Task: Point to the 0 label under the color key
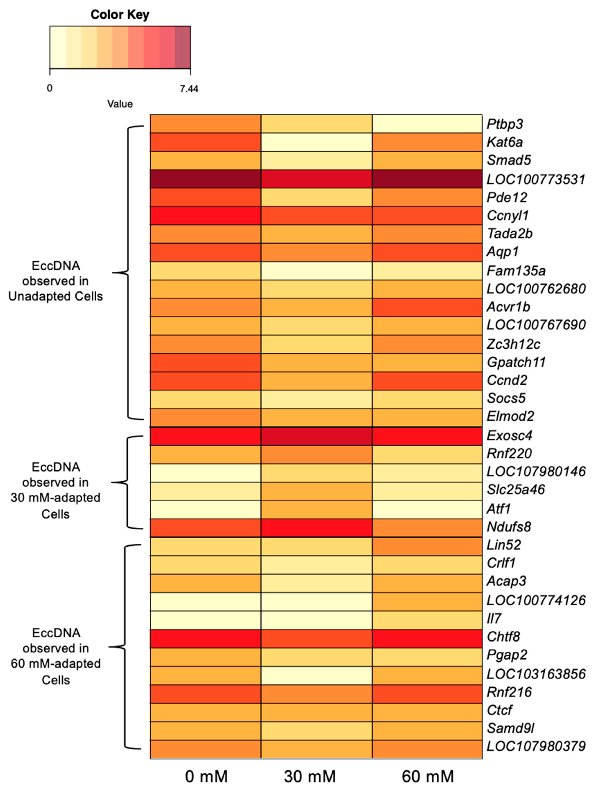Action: (50, 88)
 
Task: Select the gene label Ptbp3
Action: (504, 124)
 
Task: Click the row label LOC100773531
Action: (536, 179)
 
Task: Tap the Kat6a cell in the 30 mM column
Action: (316, 142)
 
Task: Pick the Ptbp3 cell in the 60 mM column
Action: (427, 124)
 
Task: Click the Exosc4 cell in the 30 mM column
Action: (316, 436)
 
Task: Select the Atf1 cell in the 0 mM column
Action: (205, 509)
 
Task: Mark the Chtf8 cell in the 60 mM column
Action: (427, 637)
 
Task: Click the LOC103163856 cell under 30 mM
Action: (316, 674)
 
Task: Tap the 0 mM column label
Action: (206, 776)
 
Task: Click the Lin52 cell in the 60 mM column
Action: (427, 545)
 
